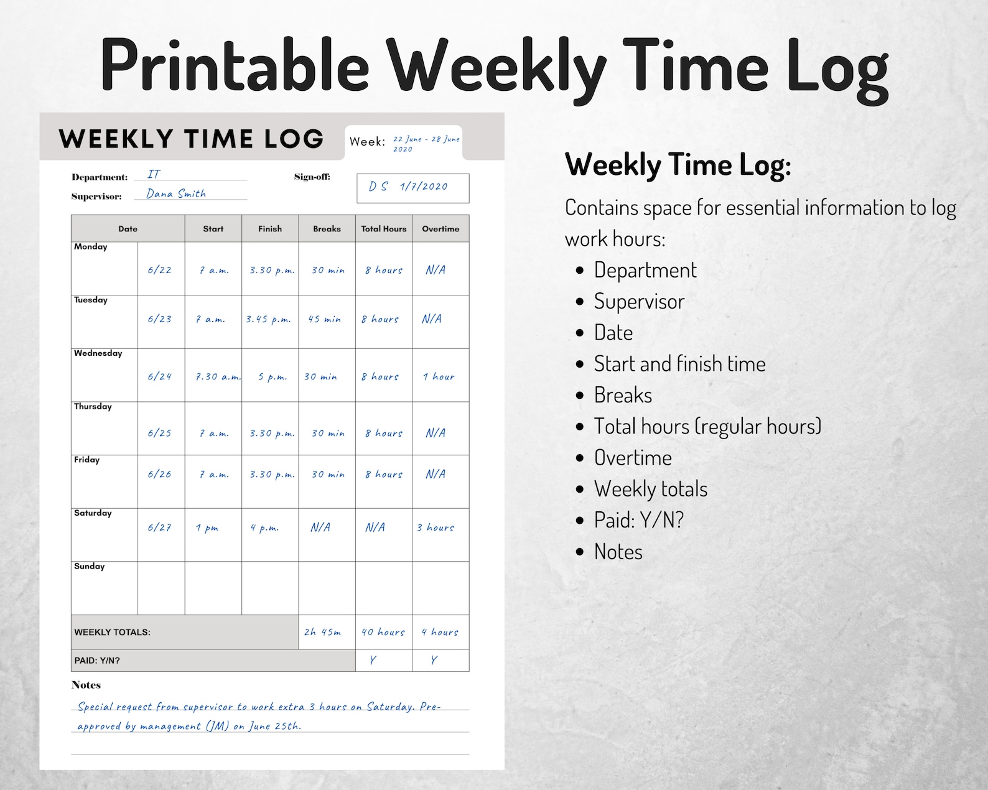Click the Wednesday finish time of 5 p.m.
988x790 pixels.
coord(273,377)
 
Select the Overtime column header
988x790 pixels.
coord(440,229)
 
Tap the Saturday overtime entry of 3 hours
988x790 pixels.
coord(436,527)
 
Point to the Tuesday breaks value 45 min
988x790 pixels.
coord(325,319)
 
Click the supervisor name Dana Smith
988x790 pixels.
coord(176,193)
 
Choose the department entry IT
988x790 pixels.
coord(154,175)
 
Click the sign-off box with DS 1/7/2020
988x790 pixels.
coord(412,187)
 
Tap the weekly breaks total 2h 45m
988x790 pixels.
coord(322,632)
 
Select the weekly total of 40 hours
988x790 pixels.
coord(383,632)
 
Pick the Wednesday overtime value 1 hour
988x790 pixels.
coord(439,377)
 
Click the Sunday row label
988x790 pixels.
coord(90,566)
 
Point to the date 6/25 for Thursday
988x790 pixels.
coord(160,433)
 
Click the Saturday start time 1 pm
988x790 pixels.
coord(207,528)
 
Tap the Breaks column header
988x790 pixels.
coord(327,229)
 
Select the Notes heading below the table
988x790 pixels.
coord(86,685)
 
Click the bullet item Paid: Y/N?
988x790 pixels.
coord(638,520)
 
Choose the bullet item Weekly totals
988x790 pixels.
coord(650,489)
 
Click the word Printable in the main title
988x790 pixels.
coord(235,65)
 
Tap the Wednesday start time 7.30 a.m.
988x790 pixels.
coord(218,377)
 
